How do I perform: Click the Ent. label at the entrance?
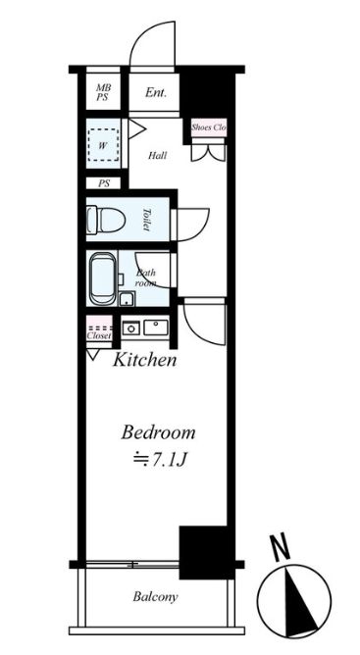pyautogui.click(x=155, y=94)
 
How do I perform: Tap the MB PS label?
pyautogui.click(x=103, y=94)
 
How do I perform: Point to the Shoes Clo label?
pyautogui.click(x=208, y=127)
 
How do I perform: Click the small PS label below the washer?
pyautogui.click(x=103, y=183)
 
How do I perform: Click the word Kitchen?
pyautogui.click(x=145, y=360)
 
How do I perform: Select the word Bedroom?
pyautogui.click(x=158, y=432)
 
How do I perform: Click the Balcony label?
pyautogui.click(x=155, y=597)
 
